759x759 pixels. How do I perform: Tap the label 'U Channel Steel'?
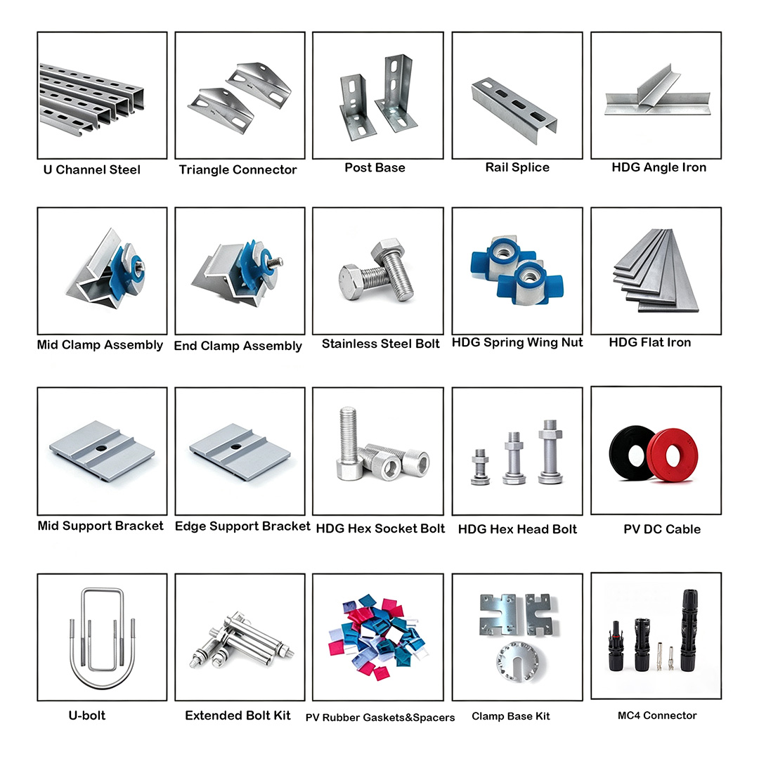(92, 170)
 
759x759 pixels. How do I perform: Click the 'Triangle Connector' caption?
(238, 170)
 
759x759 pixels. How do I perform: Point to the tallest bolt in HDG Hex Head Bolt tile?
(551, 452)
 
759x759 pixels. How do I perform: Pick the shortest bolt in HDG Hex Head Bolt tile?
(480, 467)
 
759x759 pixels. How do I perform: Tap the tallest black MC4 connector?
(689, 630)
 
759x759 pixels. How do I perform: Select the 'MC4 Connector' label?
(657, 715)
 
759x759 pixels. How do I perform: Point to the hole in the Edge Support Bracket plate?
(235, 446)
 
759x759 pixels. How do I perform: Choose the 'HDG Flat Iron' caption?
(649, 342)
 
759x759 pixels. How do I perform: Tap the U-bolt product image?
(102, 638)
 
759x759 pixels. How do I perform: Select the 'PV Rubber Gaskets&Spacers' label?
(380, 718)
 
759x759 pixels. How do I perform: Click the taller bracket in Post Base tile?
(396, 94)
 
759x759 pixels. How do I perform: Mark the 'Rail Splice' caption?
(517, 167)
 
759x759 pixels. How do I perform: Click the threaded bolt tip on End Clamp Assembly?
(278, 263)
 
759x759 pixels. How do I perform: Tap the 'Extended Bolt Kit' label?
(238, 715)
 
